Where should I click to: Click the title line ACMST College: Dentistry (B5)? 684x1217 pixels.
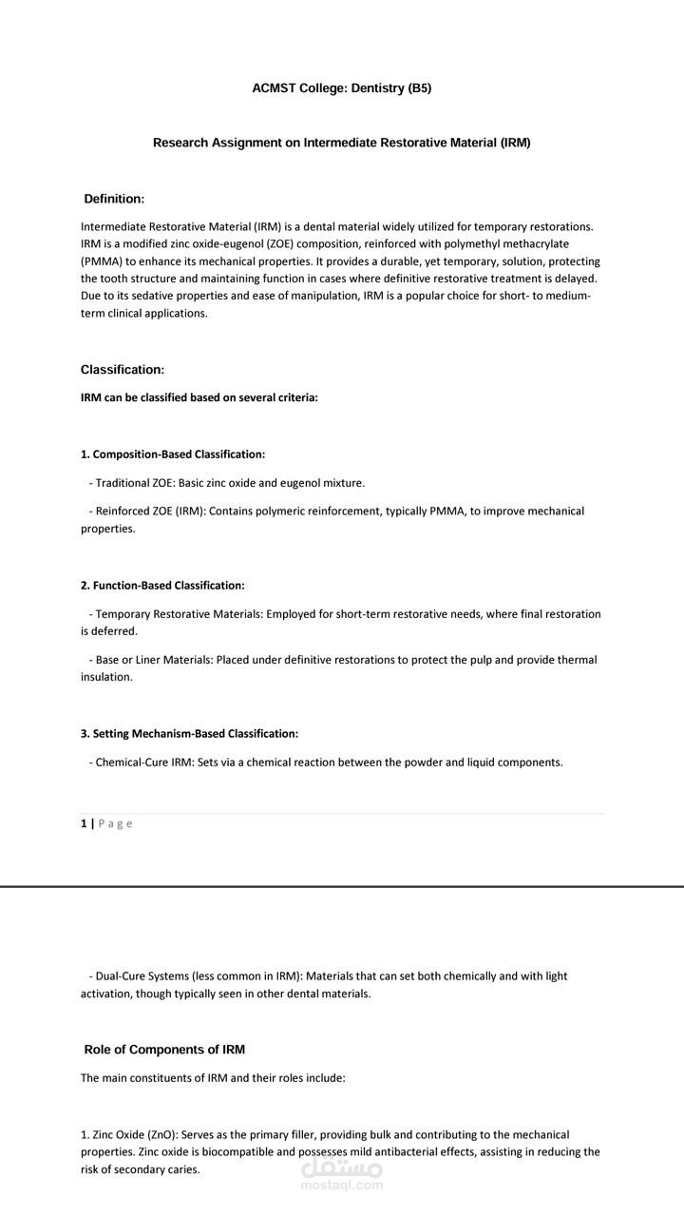[x=342, y=88]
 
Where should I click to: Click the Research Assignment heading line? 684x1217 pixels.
[x=342, y=143]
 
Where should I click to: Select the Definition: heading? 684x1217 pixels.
[x=114, y=199]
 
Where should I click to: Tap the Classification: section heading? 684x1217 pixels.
[x=123, y=370]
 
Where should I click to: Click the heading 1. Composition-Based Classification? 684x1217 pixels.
[x=173, y=454]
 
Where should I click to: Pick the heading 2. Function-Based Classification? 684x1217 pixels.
[x=162, y=586]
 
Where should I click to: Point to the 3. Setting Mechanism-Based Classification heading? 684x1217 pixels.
[x=189, y=734]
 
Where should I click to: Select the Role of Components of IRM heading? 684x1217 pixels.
[x=164, y=1050]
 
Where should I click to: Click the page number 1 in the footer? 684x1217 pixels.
[x=84, y=823]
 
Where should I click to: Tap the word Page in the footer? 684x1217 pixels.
[x=116, y=823]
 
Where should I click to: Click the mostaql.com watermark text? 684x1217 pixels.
[x=341, y=1185]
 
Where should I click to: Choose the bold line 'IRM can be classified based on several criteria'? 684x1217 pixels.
[x=199, y=398]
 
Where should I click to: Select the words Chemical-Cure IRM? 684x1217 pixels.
[x=144, y=763]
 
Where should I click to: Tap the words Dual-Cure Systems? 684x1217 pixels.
[x=142, y=976]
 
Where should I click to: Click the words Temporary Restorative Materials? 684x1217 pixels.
[x=178, y=614]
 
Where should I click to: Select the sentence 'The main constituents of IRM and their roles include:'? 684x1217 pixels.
[x=213, y=1078]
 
